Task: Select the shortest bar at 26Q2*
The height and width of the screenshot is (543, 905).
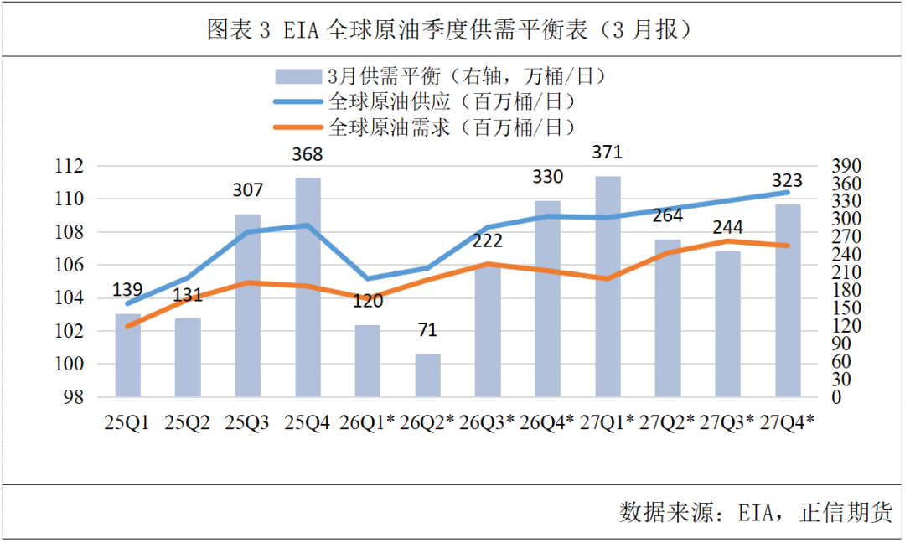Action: (x=427, y=375)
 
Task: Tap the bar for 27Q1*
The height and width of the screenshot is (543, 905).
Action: (x=608, y=289)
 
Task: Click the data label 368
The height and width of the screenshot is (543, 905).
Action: (x=308, y=155)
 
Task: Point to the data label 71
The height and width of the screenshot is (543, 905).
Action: (x=427, y=330)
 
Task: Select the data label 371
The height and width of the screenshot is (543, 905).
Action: (x=608, y=153)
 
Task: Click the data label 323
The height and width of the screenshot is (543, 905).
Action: (x=787, y=180)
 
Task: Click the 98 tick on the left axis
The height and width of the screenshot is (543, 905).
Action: (x=75, y=397)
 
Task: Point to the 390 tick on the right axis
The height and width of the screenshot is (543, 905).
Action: (x=838, y=166)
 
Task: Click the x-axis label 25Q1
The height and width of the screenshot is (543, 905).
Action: (x=127, y=422)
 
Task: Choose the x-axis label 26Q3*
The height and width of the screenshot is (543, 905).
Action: (x=487, y=422)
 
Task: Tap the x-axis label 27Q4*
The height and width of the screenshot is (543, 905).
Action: (x=787, y=422)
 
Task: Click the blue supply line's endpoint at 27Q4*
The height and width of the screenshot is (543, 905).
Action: (x=787, y=192)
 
